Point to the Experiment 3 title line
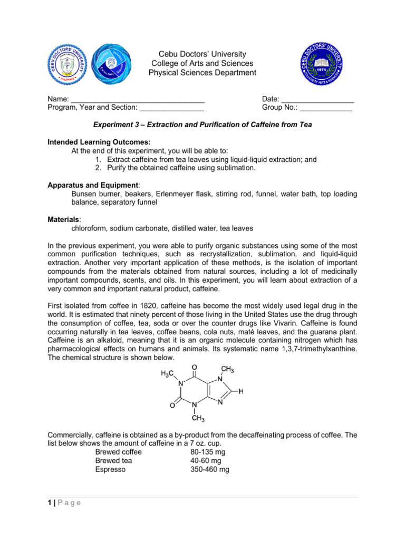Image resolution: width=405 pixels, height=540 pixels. click(x=202, y=125)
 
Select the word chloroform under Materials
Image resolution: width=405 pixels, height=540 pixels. click(x=90, y=228)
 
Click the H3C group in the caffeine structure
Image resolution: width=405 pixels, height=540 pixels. click(x=168, y=373)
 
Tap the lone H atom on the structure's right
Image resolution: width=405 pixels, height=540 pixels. click(x=241, y=392)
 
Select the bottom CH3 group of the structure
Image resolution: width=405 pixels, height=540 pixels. click(x=198, y=419)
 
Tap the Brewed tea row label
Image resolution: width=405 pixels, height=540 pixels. click(x=113, y=460)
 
